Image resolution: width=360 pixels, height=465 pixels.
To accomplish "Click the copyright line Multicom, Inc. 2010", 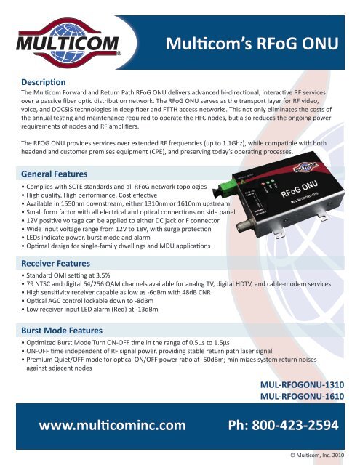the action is coord(321,455).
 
